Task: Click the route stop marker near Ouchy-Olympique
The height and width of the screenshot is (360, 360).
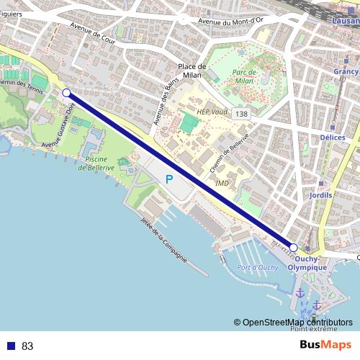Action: pyautogui.click(x=293, y=247)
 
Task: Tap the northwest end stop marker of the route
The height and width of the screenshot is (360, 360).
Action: pyautogui.click(x=66, y=93)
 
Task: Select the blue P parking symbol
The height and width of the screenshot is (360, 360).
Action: pyautogui.click(x=169, y=179)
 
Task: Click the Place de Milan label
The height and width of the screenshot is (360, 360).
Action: pyautogui.click(x=192, y=71)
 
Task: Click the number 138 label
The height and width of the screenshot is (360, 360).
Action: pyautogui.click(x=242, y=114)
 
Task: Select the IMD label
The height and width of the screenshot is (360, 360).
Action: pyautogui.click(x=222, y=183)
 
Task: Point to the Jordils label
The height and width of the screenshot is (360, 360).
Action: pyautogui.click(x=319, y=195)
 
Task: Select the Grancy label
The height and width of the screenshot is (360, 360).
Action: pyautogui.click(x=346, y=72)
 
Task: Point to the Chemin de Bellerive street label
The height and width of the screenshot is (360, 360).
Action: pyautogui.click(x=230, y=153)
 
